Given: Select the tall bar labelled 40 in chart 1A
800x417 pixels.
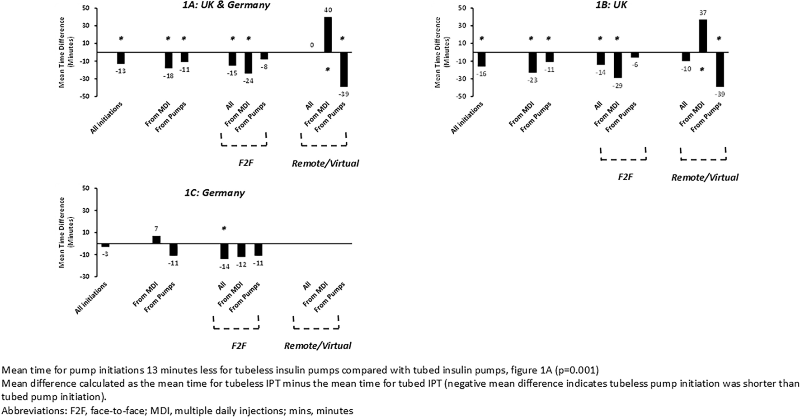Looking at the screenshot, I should pyautogui.click(x=327, y=35).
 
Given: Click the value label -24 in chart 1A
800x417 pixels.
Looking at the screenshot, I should pyautogui.click(x=248, y=81).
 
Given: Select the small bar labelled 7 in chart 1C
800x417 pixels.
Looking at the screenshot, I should pyautogui.click(x=156, y=240).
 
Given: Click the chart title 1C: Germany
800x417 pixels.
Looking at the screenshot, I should pyautogui.click(x=223, y=192).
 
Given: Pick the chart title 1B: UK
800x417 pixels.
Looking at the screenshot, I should pyautogui.click(x=612, y=5).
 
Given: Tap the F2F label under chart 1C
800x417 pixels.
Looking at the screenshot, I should pyautogui.click(x=239, y=346).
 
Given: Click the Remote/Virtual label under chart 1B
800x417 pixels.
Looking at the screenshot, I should pyautogui.click(x=705, y=178).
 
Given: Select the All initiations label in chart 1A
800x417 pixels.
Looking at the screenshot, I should pyautogui.click(x=107, y=117).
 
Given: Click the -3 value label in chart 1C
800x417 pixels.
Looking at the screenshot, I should pyautogui.click(x=105, y=254).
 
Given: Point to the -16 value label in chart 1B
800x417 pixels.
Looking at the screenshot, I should pyautogui.click(x=481, y=74).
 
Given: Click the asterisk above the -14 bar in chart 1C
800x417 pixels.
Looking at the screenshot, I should pyautogui.click(x=224, y=229).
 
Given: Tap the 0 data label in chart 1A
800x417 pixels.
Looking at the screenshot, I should pyautogui.click(x=312, y=45).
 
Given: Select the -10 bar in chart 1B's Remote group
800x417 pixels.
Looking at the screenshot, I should pyautogui.click(x=686, y=57).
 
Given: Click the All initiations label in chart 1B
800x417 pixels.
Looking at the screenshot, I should pyautogui.click(x=467, y=117).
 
